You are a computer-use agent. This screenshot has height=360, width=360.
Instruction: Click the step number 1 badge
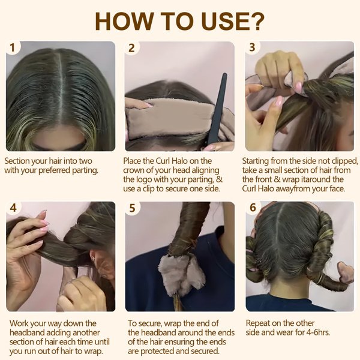13,48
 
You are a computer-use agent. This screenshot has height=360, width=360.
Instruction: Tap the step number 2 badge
132,48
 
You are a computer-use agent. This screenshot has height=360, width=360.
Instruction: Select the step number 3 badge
252,48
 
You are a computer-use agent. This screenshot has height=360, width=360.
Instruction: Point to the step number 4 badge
13,208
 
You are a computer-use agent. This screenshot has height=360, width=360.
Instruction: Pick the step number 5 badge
132,208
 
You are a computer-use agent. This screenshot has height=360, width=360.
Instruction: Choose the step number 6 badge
252,208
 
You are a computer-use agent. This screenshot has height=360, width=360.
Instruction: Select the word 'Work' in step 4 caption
19,323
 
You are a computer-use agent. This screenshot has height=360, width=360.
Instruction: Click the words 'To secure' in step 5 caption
146,323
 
